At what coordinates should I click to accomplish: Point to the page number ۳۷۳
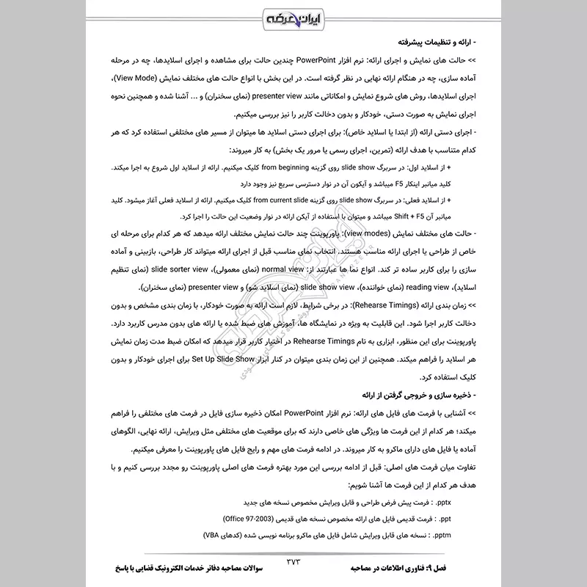[293, 564]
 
